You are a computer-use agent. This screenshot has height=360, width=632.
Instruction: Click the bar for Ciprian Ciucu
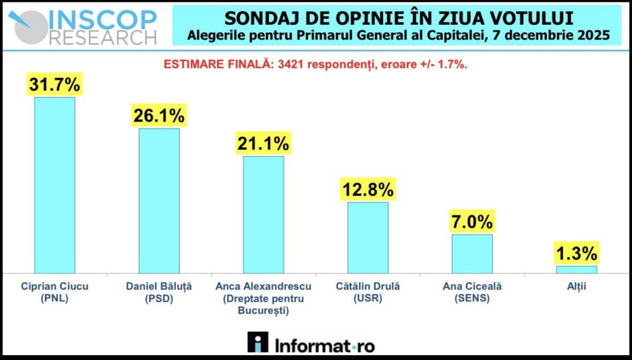pos(54,185)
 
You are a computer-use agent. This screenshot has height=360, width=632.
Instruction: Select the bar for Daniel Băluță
pos(159,200)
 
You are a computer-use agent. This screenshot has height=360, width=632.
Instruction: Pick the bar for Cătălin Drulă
pos(368,237)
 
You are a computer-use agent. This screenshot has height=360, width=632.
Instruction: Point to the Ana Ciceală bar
pos(472,253)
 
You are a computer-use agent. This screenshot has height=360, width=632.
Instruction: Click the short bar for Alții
pos(576,269)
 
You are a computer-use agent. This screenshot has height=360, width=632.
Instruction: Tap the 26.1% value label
pos(159,115)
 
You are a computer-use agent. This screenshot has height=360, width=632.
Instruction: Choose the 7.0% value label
pos(472,221)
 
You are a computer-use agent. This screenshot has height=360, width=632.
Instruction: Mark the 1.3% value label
pos(576,253)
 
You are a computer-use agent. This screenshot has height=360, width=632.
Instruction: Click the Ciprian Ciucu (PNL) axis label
pos(55,292)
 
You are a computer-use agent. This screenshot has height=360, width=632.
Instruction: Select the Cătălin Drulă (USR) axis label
pos(368,292)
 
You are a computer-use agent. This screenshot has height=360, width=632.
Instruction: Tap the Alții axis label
pos(576,287)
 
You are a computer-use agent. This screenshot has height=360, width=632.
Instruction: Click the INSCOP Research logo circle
pos(27,25)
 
